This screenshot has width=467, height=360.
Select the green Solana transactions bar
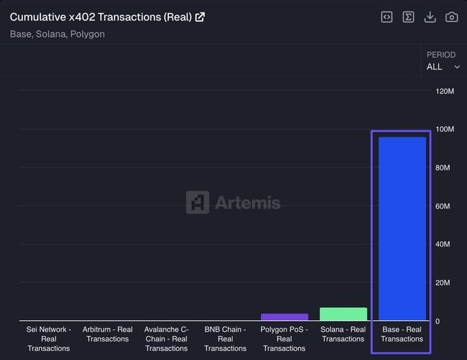click(343, 315)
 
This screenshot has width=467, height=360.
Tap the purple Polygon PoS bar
click(284, 317)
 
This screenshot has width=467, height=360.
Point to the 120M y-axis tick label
click(444, 91)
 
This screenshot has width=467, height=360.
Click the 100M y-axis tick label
click(444, 130)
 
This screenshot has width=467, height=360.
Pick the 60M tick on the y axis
click(443, 207)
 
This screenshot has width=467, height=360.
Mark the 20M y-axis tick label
click(443, 283)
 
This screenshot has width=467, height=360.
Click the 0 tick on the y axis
click(437, 322)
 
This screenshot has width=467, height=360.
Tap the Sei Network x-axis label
click(49, 339)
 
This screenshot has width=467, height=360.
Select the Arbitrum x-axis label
click(108, 334)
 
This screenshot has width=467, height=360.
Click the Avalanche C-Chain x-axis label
click(167, 339)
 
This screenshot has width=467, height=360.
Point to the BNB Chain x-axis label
click(225, 339)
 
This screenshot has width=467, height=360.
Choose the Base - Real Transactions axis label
click(402, 334)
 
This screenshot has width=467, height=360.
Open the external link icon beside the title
click(200, 17)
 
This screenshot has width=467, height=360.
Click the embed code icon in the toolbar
click(387, 17)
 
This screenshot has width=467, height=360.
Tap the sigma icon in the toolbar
click(409, 17)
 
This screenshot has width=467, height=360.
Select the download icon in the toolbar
click(430, 17)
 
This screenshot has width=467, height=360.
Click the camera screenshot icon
click(451, 17)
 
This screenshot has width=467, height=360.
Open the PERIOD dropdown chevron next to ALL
click(457, 67)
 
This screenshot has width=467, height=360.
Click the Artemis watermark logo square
click(198, 203)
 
